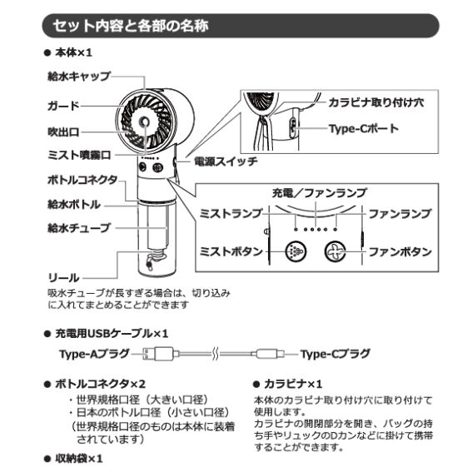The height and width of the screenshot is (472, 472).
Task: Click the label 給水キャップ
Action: [79, 76]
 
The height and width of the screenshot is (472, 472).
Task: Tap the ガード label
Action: [63, 106]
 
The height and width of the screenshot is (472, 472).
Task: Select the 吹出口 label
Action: [63, 132]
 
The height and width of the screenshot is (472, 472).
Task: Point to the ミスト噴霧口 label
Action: [79, 155]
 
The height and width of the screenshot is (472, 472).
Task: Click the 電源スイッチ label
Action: [226, 161]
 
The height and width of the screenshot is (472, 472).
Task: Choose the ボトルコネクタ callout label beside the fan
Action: [82, 180]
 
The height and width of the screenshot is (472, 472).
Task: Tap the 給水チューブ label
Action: [79, 227]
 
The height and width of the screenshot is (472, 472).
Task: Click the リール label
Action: [63, 277]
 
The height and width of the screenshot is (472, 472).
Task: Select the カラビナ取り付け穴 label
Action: [376, 103]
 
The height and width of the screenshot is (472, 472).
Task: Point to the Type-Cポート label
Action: [363, 129]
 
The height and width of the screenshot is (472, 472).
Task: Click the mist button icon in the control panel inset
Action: [296, 251]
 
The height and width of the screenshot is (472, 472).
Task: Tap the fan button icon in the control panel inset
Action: [335, 251]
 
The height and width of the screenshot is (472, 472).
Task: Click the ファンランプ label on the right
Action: [400, 214]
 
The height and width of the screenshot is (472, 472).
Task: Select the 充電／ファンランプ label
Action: [320, 192]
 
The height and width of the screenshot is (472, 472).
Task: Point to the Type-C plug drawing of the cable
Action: [269, 354]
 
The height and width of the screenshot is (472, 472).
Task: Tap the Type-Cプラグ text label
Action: [335, 354]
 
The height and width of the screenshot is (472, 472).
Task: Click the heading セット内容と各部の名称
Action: [131, 26]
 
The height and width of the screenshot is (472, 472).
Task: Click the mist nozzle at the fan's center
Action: [145, 122]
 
